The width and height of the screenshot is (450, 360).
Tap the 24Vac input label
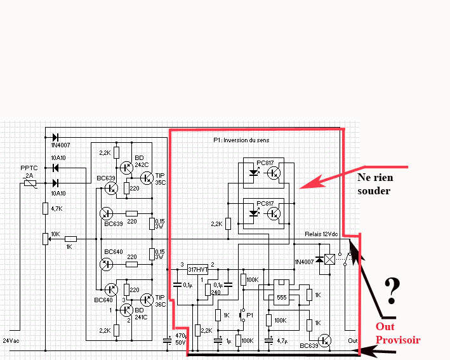(x=11, y=341)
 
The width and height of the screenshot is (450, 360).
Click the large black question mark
(x=393, y=290)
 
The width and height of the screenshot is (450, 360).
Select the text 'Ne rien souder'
(x=374, y=183)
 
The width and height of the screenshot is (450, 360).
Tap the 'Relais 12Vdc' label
(x=321, y=234)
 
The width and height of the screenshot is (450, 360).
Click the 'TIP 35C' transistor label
(x=159, y=178)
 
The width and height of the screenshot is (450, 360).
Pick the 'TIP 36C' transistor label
(x=159, y=300)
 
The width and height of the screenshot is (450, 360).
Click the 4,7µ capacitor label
(x=283, y=341)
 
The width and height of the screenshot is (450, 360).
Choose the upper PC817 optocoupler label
(x=265, y=163)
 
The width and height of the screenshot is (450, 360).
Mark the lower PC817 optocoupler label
(x=265, y=204)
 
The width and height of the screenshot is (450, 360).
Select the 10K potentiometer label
(x=55, y=234)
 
